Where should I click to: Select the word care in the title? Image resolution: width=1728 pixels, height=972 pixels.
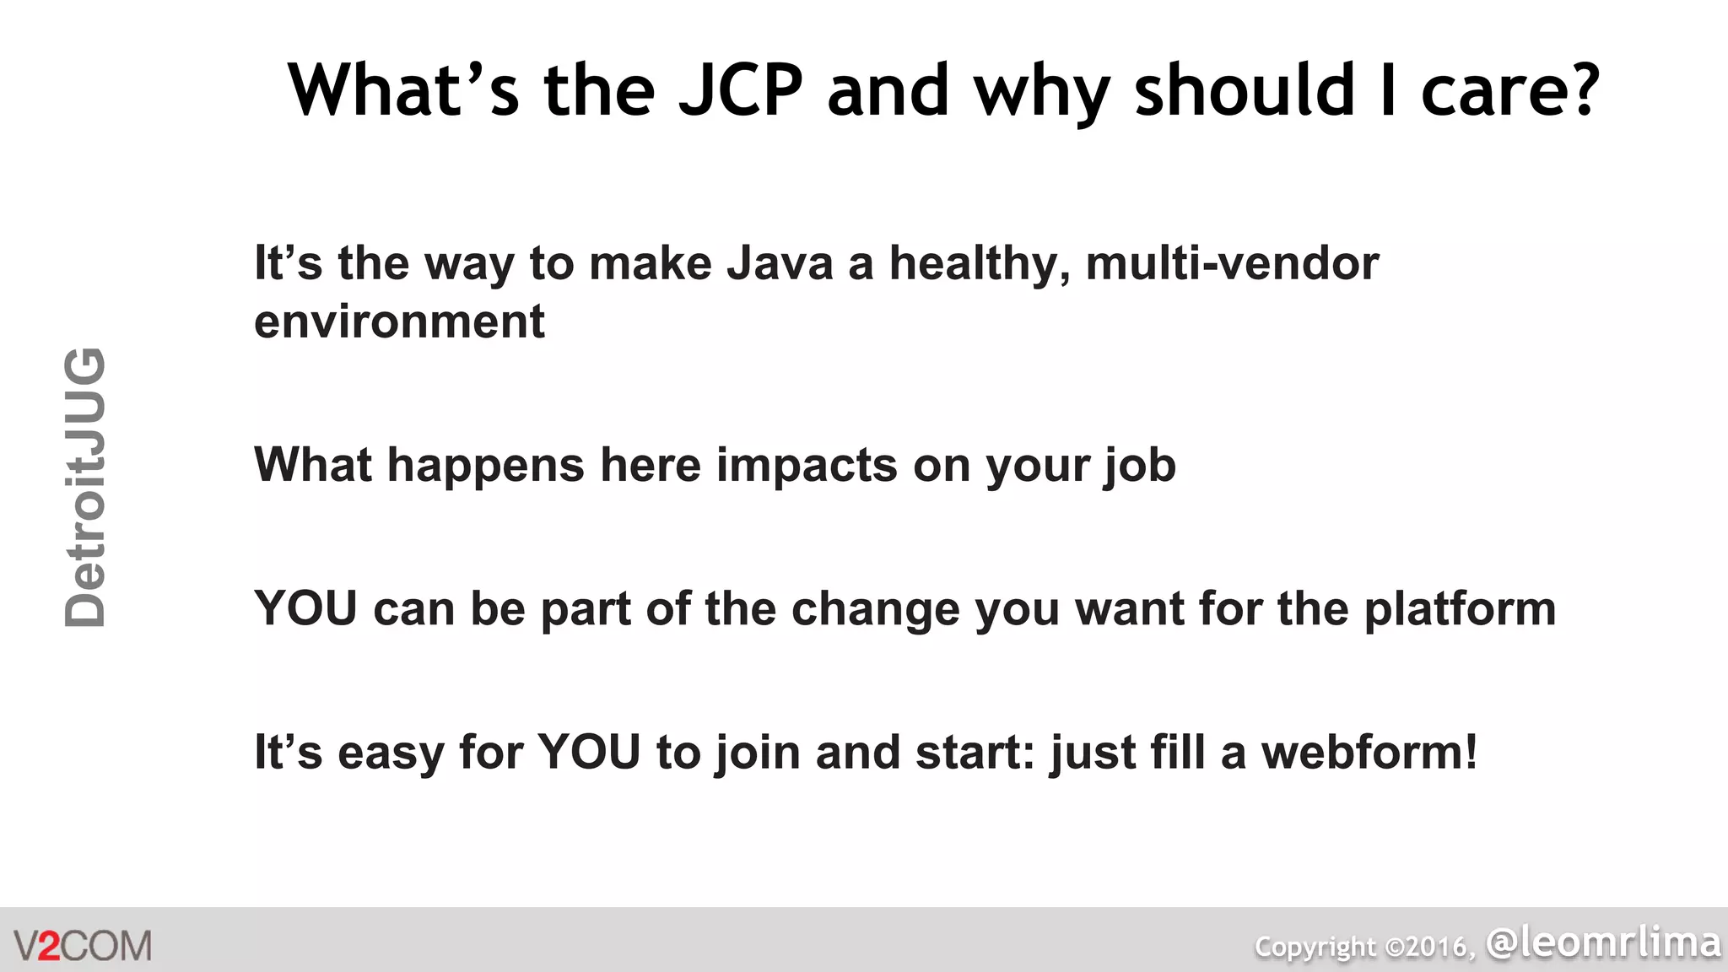pos(1488,91)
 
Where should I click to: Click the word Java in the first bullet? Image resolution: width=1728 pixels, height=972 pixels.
pos(780,263)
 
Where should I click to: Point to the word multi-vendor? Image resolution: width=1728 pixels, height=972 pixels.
pos(1232,263)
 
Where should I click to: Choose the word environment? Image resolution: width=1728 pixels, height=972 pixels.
pos(399,321)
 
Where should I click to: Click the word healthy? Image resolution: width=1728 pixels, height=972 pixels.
pos(980,263)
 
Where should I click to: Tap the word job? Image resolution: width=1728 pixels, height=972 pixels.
pos(1140,466)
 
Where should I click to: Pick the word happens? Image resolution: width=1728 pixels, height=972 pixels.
pos(485,465)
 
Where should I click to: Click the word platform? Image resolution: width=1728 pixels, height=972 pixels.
pos(1459,609)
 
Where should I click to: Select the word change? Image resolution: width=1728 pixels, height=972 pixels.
pos(875,609)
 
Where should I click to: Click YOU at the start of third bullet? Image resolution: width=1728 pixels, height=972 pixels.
pos(305,608)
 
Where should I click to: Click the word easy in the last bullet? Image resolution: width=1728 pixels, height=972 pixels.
pos(390,753)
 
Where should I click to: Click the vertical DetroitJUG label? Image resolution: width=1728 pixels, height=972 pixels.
pos(85,487)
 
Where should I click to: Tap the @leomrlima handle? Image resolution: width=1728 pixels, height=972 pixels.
pos(1603,942)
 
